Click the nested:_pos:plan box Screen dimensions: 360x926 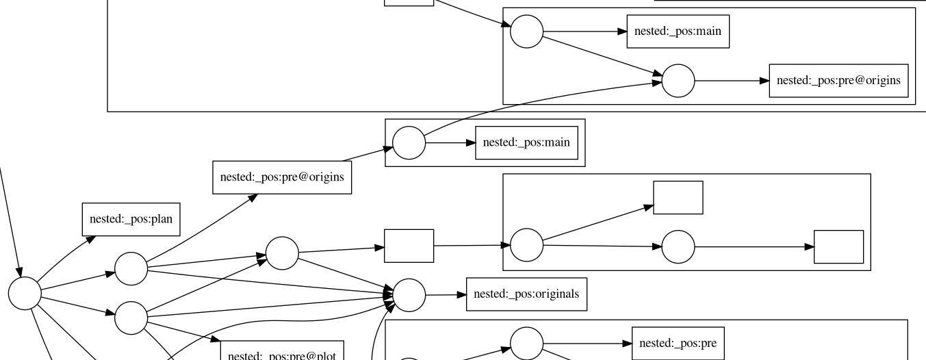pos(131,220)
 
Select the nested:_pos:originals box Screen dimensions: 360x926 pos(526,294)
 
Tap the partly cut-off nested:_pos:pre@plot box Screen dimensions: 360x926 pos(281,352)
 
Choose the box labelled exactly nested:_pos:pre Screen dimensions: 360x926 pos(678,344)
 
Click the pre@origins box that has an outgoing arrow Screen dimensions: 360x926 pos(281,177)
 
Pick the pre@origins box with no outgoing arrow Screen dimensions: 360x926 pos(838,81)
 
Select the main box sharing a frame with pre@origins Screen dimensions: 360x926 pos(678,31)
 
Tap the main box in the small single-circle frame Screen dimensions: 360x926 pos(526,142)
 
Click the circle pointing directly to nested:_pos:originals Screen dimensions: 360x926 pos(409,295)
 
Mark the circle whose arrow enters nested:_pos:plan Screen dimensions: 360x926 pos(25,294)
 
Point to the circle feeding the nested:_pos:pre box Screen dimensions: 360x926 pos(527,344)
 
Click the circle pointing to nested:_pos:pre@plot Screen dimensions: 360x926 pos(131,318)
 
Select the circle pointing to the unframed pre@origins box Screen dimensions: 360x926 pos(131,268)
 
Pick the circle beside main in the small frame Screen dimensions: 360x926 pos(409,142)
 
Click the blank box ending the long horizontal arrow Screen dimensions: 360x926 pos(838,246)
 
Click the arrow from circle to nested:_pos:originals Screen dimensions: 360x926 pos(446,295)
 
